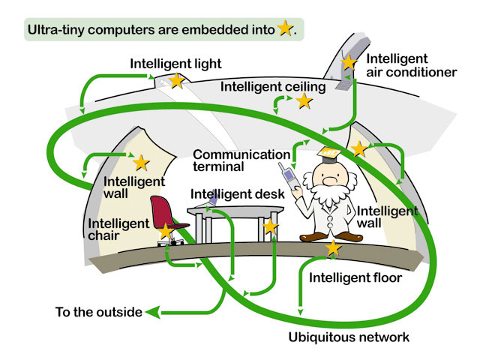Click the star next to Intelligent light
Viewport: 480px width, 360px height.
tap(176, 80)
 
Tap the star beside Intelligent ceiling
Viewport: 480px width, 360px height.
tap(304, 100)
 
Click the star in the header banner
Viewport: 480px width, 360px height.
tap(285, 29)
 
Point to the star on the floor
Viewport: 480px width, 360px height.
tap(333, 247)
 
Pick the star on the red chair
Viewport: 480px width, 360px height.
tap(166, 231)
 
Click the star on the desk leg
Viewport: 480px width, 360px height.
tap(271, 225)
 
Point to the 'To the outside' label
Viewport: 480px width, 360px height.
tap(98, 311)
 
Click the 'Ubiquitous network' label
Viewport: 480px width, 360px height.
tap(349, 337)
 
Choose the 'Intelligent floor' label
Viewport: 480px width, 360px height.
tap(355, 278)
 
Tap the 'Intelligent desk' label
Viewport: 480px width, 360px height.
tap(237, 194)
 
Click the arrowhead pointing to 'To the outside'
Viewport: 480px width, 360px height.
tap(152, 311)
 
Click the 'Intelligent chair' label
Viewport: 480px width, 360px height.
tap(118, 230)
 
